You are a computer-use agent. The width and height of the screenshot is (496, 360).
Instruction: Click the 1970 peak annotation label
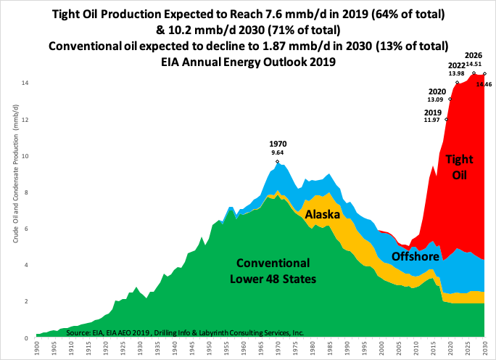point(278,144)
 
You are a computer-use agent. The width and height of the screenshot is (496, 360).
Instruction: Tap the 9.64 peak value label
point(278,152)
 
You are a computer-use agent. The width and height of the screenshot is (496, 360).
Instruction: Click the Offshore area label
point(416,256)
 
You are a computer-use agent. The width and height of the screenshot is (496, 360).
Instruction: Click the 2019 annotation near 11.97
point(433,112)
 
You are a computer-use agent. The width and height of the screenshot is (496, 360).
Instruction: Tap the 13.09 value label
point(436,99)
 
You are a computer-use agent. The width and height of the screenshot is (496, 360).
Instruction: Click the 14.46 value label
point(484,85)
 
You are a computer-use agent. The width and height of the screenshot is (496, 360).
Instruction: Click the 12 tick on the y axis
point(24,120)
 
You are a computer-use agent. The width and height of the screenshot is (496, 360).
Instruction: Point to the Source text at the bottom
point(184,332)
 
